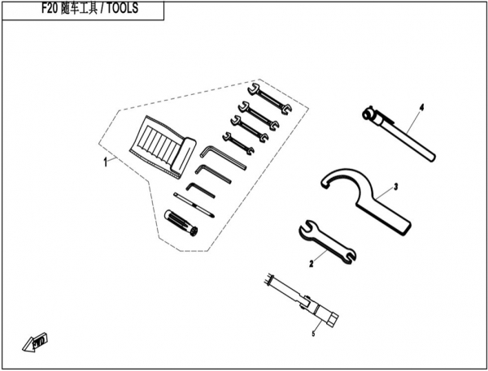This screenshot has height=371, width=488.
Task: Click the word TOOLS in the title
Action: (x=122, y=8)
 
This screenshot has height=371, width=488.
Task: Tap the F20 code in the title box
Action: (x=50, y=8)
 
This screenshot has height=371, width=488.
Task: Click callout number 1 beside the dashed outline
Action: (x=106, y=162)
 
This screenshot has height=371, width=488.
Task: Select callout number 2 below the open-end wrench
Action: (x=312, y=264)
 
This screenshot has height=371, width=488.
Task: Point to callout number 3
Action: (x=396, y=187)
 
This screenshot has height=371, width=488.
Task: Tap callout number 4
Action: (x=421, y=108)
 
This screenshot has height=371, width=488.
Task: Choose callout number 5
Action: (x=313, y=334)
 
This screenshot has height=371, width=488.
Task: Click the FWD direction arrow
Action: (x=35, y=343)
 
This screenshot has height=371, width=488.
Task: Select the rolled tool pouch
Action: (x=163, y=147)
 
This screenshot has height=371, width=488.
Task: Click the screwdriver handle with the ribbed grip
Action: (x=181, y=222)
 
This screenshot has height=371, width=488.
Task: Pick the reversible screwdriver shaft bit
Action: (x=194, y=205)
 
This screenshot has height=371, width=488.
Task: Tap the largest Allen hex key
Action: (x=223, y=157)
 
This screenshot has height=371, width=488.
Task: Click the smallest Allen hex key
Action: (x=200, y=190)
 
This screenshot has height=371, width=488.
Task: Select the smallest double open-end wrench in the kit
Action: (x=238, y=143)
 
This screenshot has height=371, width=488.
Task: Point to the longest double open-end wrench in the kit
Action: (x=269, y=98)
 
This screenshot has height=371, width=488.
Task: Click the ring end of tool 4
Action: (x=368, y=114)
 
